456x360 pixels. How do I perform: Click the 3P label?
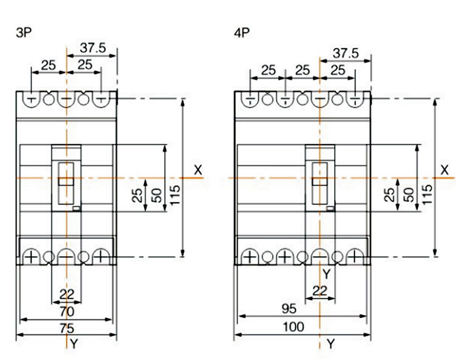[x=23, y=33]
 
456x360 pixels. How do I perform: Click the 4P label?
[x=242, y=33]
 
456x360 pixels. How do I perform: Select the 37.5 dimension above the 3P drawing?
[x=93, y=48]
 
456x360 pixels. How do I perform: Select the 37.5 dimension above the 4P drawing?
[x=346, y=54]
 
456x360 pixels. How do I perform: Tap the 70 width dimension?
[x=67, y=312]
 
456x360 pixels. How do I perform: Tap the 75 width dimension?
[x=67, y=329]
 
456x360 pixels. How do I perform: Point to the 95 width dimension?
[x=289, y=309]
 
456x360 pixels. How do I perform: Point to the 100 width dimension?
[x=294, y=327]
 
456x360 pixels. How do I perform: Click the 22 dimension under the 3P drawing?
[x=67, y=294]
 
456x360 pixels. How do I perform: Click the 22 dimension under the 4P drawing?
[x=320, y=291]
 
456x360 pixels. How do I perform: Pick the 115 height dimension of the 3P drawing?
[x=175, y=195]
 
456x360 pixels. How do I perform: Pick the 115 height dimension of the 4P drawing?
[x=427, y=194]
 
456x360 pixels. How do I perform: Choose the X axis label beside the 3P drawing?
[x=198, y=170]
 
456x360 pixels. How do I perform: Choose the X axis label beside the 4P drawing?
[x=445, y=170]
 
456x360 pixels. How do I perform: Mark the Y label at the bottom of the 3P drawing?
[x=74, y=344]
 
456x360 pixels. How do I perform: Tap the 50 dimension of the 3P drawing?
[x=157, y=195]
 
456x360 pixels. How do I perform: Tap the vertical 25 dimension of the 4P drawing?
[x=390, y=195]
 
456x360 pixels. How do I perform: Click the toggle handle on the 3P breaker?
[x=66, y=181]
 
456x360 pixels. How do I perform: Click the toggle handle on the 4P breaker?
[x=320, y=181]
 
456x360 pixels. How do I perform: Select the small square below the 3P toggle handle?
[x=76, y=208]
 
